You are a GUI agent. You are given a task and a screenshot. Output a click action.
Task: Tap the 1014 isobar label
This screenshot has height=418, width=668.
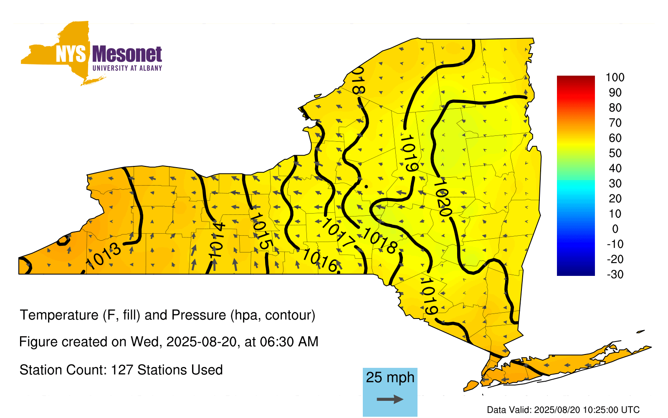217,241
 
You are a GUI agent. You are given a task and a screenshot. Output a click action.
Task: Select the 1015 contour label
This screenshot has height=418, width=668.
261,232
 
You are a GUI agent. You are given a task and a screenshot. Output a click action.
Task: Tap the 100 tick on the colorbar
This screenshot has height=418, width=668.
615,77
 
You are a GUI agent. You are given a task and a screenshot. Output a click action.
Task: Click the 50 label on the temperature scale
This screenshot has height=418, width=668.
615,153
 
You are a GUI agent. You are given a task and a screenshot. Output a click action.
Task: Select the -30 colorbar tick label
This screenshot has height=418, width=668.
615,274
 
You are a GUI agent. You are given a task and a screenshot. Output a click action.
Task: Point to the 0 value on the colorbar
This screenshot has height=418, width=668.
615,229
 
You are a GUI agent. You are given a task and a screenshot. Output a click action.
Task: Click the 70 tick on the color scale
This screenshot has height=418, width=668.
615,123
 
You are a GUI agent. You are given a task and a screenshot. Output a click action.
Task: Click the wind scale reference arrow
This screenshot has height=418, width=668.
390,399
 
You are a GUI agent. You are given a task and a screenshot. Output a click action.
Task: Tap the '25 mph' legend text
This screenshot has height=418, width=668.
390,377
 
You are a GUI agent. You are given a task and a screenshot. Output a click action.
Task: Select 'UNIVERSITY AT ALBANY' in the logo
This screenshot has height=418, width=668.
127,68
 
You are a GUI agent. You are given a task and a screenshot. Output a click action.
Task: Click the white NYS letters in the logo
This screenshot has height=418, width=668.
71,54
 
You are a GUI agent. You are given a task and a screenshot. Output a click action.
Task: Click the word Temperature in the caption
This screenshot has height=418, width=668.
59,315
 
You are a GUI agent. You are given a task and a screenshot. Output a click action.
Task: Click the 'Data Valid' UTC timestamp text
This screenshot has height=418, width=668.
563,410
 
